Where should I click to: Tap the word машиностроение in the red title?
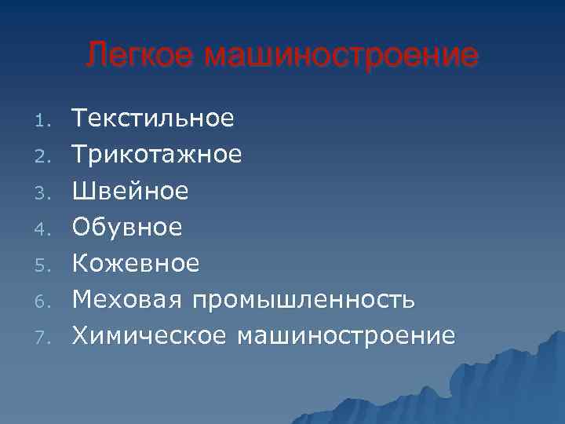click(x=341, y=56)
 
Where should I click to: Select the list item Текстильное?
click(x=153, y=119)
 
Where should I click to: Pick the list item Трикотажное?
click(x=157, y=155)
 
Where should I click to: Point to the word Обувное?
click(x=127, y=227)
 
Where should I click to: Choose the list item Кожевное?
click(x=136, y=263)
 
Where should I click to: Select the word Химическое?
click(x=149, y=335)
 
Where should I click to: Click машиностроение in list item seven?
click(x=344, y=335)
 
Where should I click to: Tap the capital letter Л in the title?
click(x=97, y=56)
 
